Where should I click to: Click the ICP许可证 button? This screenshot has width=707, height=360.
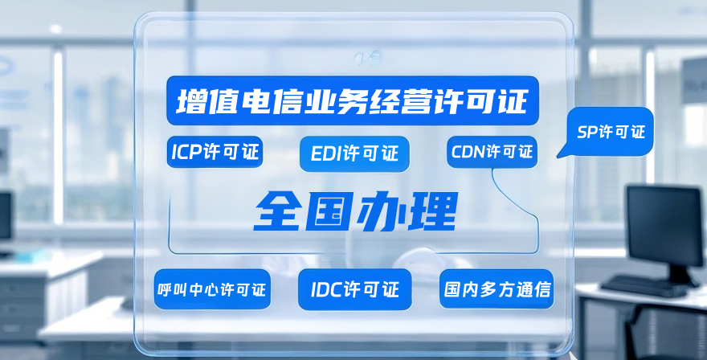tap(216, 152)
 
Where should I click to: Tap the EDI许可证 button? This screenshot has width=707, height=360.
tap(354, 153)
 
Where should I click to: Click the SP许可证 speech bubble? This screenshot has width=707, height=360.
tap(611, 132)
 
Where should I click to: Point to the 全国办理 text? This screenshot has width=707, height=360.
tap(355, 211)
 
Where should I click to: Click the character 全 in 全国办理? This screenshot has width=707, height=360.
tap(278, 211)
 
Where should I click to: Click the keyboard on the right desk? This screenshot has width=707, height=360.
tap(643, 284)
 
